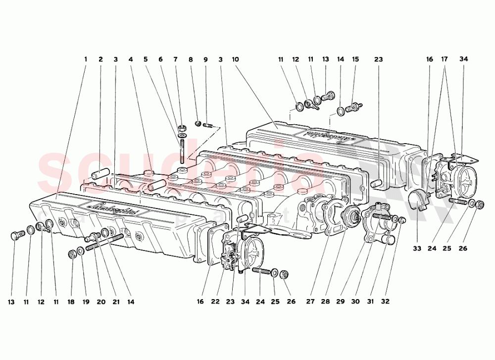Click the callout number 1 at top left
85,59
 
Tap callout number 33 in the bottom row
417,248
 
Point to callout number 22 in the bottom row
215,301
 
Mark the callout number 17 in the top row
445,59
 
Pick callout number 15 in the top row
355,59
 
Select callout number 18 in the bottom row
72,301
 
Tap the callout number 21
116,301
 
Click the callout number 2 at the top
100,59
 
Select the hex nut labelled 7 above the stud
181,126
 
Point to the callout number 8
191,59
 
